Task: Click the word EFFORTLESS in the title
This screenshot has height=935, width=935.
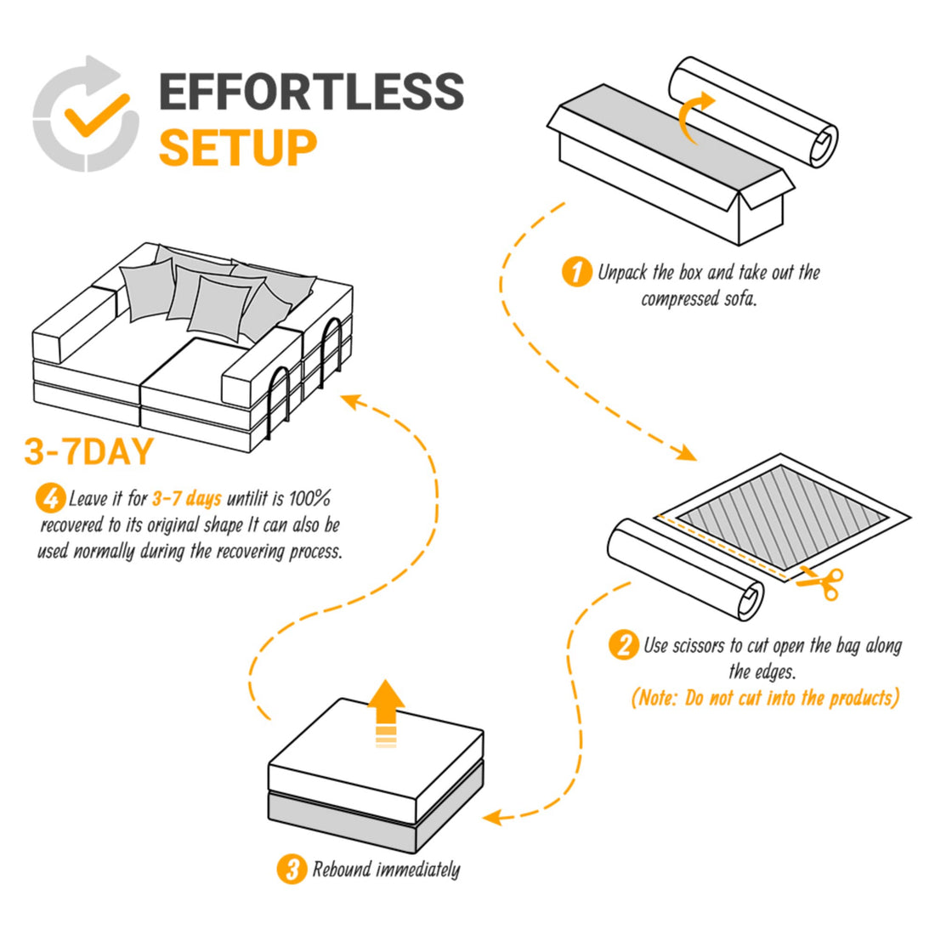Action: (311, 92)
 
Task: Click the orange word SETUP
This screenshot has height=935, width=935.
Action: (237, 147)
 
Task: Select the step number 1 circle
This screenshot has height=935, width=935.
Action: (577, 272)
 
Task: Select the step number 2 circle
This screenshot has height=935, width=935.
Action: (623, 645)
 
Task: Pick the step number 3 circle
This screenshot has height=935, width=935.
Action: (292, 869)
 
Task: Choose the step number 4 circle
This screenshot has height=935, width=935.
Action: (50, 499)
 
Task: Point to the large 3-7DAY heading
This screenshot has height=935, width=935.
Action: (89, 451)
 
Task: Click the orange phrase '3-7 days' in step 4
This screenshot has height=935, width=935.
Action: (186, 499)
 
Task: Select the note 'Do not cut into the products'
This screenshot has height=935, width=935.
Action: (765, 699)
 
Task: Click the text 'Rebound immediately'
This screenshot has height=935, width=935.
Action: (386, 870)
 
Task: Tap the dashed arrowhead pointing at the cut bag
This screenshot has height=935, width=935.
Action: (685, 453)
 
